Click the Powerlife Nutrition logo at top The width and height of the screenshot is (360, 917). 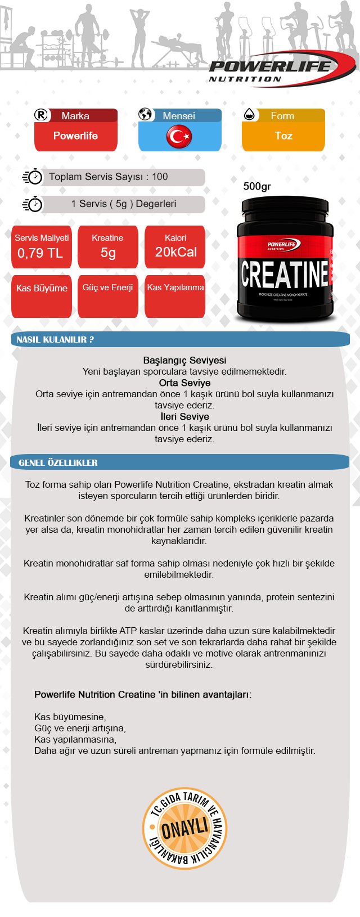pyautogui.click(x=276, y=70)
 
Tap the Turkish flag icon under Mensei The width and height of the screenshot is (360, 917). pyautogui.click(x=179, y=136)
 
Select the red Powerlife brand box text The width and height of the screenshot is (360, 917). pyautogui.click(x=75, y=136)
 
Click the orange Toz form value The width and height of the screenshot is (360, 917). pyautogui.click(x=283, y=136)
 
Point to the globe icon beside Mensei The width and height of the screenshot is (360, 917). pyautogui.click(x=146, y=115)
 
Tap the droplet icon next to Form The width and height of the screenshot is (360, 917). pyautogui.click(x=249, y=115)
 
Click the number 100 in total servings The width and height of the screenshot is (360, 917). pyautogui.click(x=160, y=177)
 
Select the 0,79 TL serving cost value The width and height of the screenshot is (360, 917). pyautogui.click(x=40, y=253)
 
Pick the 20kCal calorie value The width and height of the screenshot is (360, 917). pyautogui.click(x=175, y=253)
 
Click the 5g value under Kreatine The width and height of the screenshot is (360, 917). pyautogui.click(x=108, y=253)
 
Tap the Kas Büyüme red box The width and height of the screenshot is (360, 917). pyautogui.click(x=42, y=289)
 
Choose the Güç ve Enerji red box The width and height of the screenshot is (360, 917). pyautogui.click(x=107, y=288)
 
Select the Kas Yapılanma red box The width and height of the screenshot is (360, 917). pyautogui.click(x=175, y=288)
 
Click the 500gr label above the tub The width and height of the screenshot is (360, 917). pyautogui.click(x=257, y=186)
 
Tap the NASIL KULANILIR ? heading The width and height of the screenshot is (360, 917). pyautogui.click(x=55, y=340)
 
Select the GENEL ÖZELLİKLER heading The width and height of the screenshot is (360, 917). pyautogui.click(x=58, y=463)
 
